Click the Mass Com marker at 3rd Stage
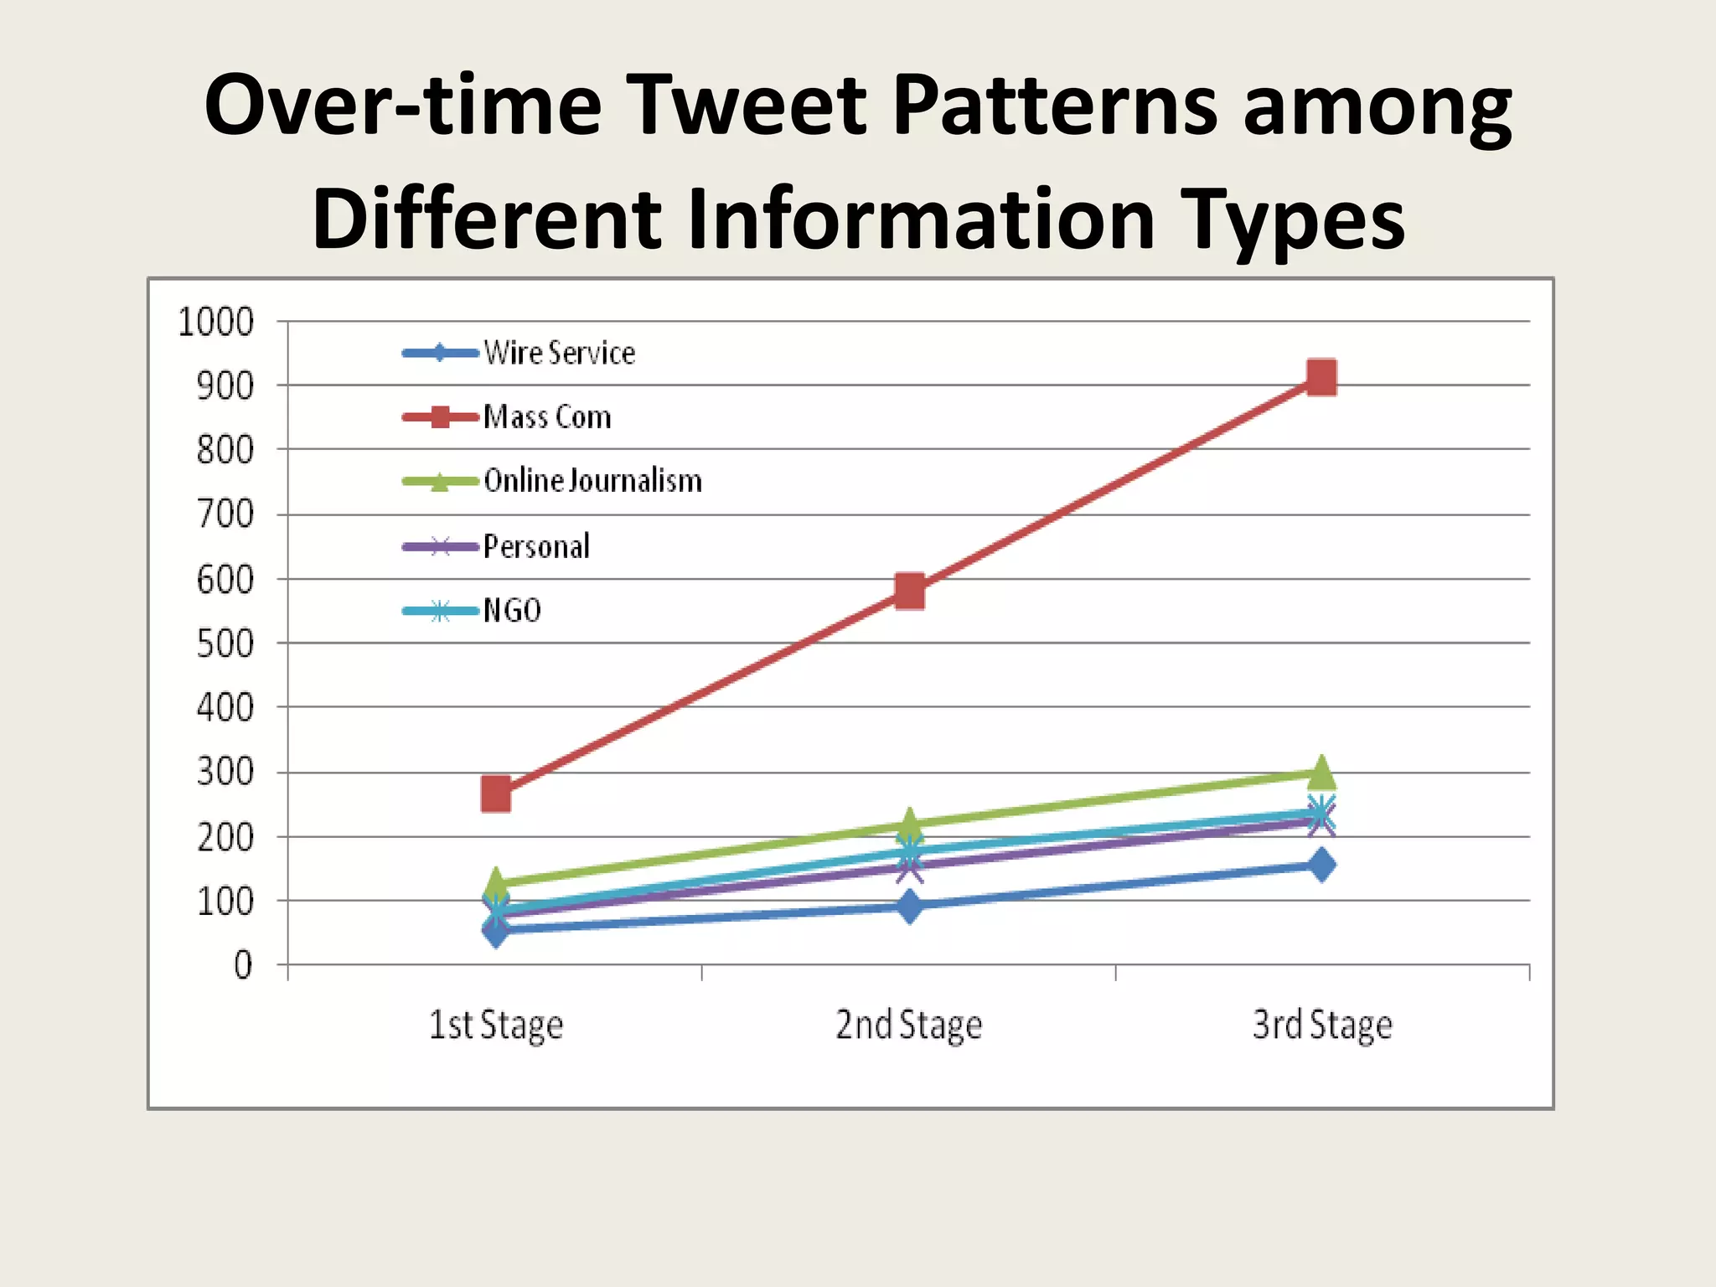(x=1321, y=378)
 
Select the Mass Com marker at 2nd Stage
(x=909, y=592)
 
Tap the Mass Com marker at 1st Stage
(x=496, y=793)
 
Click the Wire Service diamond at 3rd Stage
(x=1321, y=865)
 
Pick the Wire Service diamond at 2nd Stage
(x=909, y=906)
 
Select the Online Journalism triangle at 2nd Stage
(x=909, y=824)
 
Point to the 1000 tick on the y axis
(x=215, y=322)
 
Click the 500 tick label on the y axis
(x=225, y=644)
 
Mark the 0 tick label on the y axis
(x=242, y=965)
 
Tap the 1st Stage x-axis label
(x=496, y=1025)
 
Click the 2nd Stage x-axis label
(x=909, y=1025)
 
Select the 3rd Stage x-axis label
(x=1322, y=1025)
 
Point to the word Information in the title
(x=923, y=219)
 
